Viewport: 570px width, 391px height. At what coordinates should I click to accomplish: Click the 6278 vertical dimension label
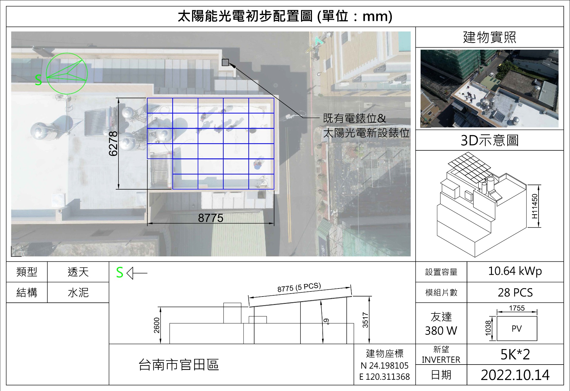[x=113, y=144]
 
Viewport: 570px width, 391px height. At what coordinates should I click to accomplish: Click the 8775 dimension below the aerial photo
[x=210, y=218]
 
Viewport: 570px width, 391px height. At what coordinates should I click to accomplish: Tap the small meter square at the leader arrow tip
[x=225, y=62]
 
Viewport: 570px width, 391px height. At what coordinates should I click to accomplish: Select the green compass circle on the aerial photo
[x=67, y=74]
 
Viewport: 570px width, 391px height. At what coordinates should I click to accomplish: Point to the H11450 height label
[x=535, y=206]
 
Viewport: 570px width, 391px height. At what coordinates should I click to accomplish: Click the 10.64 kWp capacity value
[x=515, y=271]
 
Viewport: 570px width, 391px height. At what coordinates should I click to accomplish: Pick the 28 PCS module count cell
[x=515, y=293]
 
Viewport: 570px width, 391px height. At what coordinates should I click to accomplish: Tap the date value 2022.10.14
[x=515, y=375]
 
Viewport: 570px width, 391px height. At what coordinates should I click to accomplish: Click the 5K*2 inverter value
[x=515, y=354]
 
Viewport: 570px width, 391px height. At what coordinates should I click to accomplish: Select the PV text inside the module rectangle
[x=517, y=329]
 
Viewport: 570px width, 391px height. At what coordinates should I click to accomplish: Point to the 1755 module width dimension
[x=517, y=308]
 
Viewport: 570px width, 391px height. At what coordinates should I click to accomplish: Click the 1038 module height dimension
[x=488, y=328]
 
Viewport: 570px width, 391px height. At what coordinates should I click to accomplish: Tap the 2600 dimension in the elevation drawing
[x=157, y=325]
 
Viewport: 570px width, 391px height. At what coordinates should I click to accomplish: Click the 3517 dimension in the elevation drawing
[x=365, y=320]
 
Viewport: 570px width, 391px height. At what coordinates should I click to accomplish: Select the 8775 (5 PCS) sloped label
[x=299, y=287]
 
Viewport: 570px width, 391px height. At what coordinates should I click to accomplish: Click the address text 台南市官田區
[x=179, y=365]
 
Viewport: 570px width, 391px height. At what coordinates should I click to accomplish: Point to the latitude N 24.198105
[x=384, y=365]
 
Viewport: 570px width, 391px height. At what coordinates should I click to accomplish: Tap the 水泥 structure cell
[x=78, y=293]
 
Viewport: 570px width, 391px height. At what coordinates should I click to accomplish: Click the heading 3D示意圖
[x=490, y=140]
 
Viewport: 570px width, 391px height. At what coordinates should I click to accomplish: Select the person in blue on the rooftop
[x=258, y=164]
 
